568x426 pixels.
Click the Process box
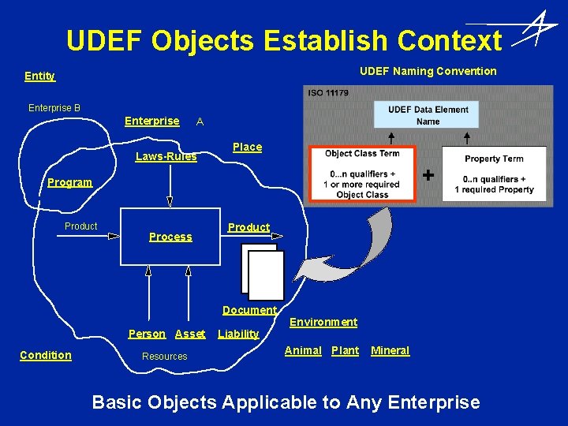[x=170, y=235]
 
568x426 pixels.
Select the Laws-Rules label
[x=166, y=156]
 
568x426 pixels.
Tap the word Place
[x=247, y=147]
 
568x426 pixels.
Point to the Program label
[x=69, y=182]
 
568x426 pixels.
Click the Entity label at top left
[x=39, y=76]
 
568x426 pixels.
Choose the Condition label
[x=45, y=355]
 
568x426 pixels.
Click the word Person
[x=147, y=334]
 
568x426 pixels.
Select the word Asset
[x=190, y=334]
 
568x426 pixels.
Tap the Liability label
[x=238, y=334]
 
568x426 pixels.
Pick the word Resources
[x=164, y=357]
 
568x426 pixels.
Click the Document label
[x=249, y=311]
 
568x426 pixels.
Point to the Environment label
[x=323, y=322]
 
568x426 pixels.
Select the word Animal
[x=303, y=350]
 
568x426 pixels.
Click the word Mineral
[x=390, y=350]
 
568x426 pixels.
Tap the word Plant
[x=345, y=350]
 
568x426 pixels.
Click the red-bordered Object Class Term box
[x=362, y=174]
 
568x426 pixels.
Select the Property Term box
[x=494, y=174]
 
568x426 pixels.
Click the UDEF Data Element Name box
[x=428, y=115]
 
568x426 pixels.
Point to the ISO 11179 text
[x=329, y=93]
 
